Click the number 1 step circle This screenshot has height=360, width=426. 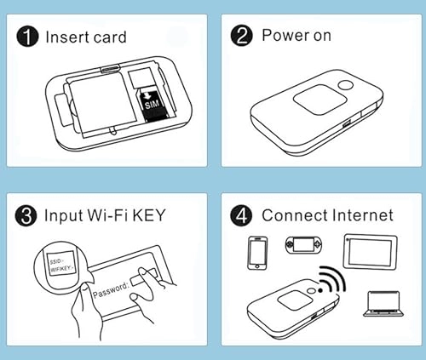click(x=30, y=37)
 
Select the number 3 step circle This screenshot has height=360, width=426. click(x=30, y=216)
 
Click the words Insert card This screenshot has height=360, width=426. click(x=86, y=37)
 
